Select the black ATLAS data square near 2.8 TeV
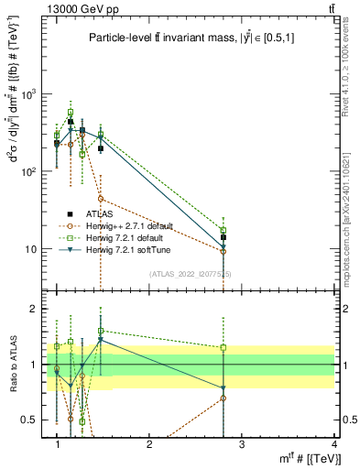[223, 237]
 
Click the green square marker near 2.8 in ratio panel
[223, 347]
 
